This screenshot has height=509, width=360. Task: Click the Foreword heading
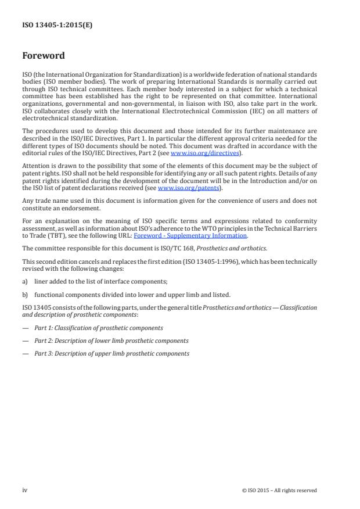(44, 56)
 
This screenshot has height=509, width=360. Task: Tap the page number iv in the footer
(25, 490)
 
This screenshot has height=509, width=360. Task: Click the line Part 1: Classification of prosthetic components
(99, 328)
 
